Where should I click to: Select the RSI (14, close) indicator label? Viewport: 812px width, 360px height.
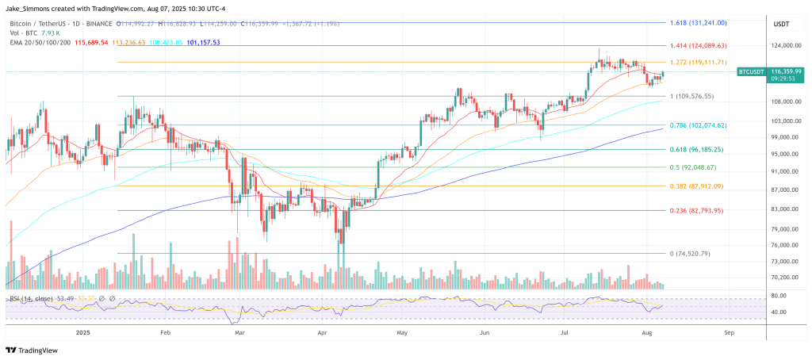[x=31, y=298]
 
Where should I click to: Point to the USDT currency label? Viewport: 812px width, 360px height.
[x=780, y=24]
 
